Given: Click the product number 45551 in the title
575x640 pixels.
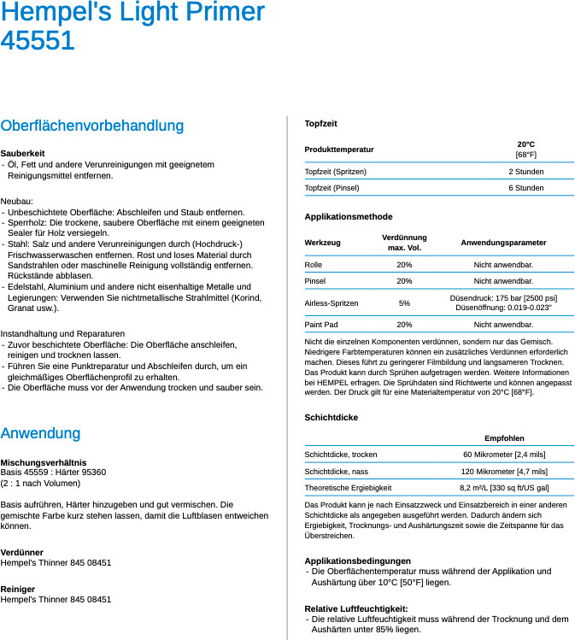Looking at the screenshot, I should pyautogui.click(x=38, y=41).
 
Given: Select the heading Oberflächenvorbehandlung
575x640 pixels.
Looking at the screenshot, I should pyautogui.click(x=92, y=126).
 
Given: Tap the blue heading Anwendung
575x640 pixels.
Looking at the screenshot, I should pyautogui.click(x=40, y=433).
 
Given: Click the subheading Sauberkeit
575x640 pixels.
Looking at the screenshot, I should pyautogui.click(x=23, y=153).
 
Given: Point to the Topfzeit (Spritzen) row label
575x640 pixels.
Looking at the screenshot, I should pyautogui.click(x=336, y=172).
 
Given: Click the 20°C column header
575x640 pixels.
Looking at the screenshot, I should pyautogui.click(x=525, y=144).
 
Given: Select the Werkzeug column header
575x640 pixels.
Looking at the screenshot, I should pyautogui.click(x=322, y=243).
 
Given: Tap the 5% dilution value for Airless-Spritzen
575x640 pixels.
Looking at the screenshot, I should pyautogui.click(x=404, y=303).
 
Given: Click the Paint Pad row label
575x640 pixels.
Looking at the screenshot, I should pyautogui.click(x=322, y=325).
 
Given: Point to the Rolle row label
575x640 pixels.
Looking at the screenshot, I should pyautogui.click(x=314, y=265).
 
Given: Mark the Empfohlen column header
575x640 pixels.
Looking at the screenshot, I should pyautogui.click(x=504, y=438).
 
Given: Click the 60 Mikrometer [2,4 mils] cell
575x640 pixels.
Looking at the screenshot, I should pyautogui.click(x=504, y=455).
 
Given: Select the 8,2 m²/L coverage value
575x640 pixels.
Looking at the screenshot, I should pyautogui.click(x=504, y=488).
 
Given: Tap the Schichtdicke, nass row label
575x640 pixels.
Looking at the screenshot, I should pyautogui.click(x=337, y=472).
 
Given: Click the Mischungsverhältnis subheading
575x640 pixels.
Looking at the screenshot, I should pyautogui.click(x=44, y=462).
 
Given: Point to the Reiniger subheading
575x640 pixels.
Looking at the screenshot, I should pyautogui.click(x=18, y=590).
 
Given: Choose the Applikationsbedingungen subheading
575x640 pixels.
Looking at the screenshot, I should pyautogui.click(x=357, y=561).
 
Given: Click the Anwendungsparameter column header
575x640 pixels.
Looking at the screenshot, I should pyautogui.click(x=503, y=243).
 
